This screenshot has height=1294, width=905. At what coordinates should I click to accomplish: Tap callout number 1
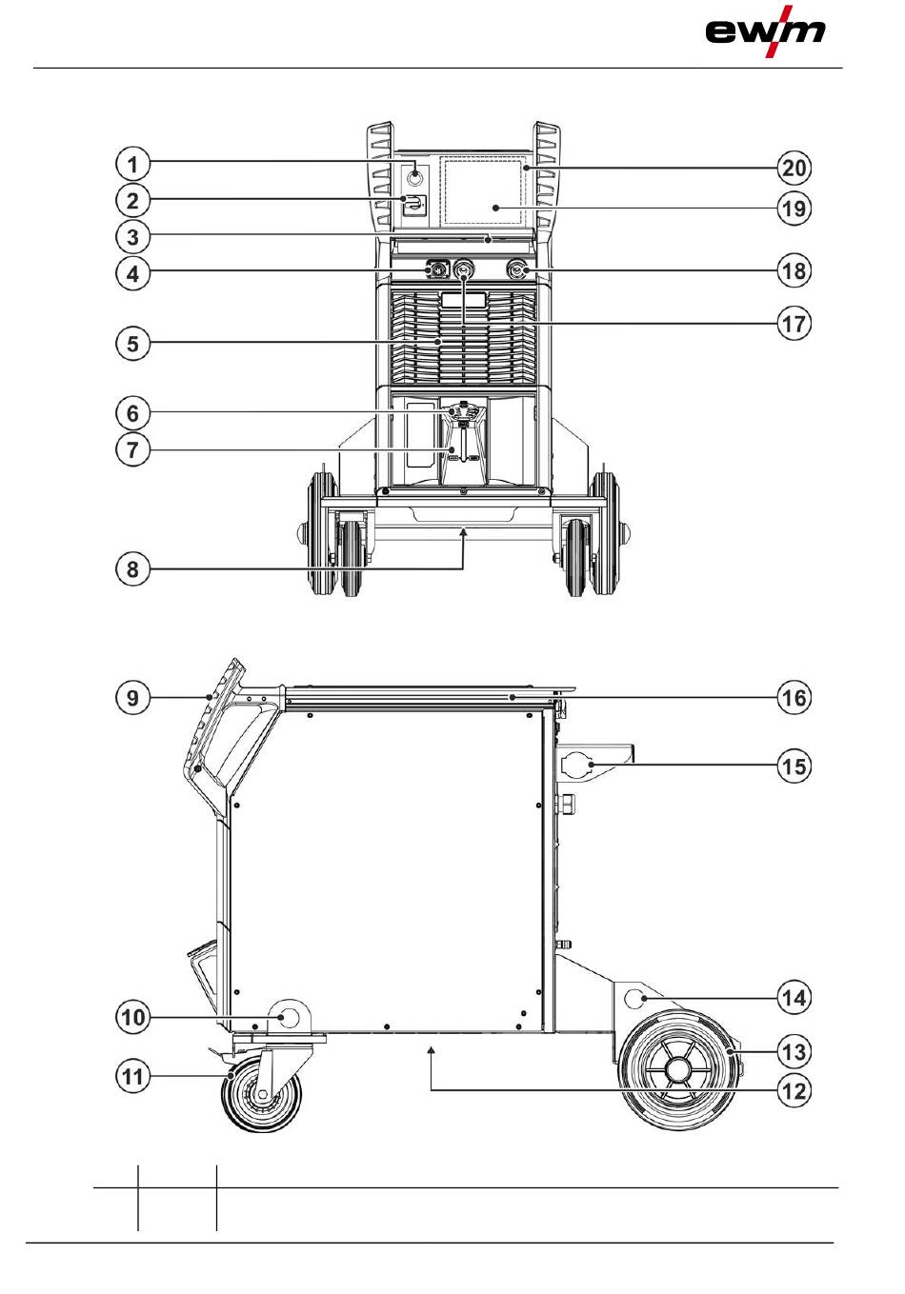[x=133, y=165]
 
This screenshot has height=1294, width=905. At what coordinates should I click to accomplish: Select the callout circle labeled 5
[x=133, y=343]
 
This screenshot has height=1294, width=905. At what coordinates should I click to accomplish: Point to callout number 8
[x=133, y=570]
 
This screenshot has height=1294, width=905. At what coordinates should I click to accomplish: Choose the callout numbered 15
[x=794, y=766]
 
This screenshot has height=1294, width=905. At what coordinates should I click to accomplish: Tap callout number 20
[x=794, y=169]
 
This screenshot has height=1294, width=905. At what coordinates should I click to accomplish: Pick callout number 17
[x=794, y=324]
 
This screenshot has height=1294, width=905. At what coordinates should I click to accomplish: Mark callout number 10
[x=133, y=1017]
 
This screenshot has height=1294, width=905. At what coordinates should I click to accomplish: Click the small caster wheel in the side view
[x=260, y=1096]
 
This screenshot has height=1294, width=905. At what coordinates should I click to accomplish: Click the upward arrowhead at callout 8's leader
[x=464, y=535]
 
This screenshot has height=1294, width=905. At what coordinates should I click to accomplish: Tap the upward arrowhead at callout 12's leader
[x=432, y=1049]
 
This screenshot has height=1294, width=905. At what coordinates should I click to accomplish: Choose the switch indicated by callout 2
[x=414, y=203]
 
